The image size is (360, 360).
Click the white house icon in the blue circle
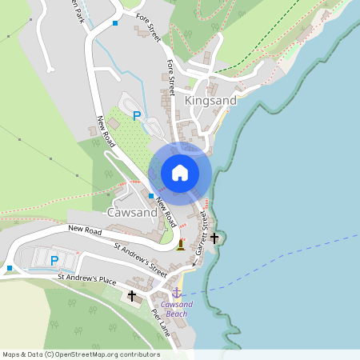(180, 173)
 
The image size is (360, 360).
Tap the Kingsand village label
(211, 102)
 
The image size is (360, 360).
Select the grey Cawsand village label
(132, 213)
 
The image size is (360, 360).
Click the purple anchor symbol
(176, 293)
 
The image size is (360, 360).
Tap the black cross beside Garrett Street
(214, 238)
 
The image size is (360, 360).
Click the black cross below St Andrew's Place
(131, 296)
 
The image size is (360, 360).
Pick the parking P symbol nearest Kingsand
(137, 117)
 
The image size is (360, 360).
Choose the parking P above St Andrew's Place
(54, 260)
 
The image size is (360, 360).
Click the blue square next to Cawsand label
(151, 196)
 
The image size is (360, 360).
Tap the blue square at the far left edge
(10, 267)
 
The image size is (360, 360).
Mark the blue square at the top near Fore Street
(115, 23)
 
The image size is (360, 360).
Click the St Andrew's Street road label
(140, 260)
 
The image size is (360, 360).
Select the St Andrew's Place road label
(87, 280)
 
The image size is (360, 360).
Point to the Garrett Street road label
(203, 232)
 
